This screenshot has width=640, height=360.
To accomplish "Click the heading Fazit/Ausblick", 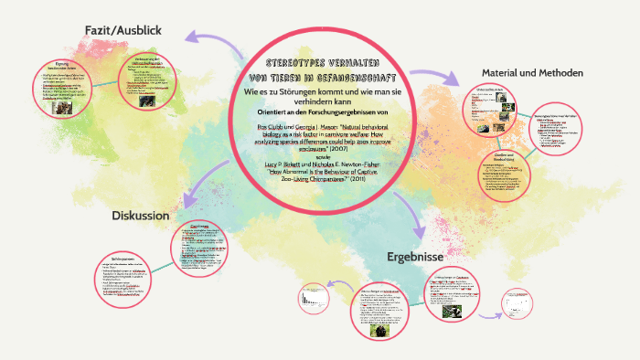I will point(123,30).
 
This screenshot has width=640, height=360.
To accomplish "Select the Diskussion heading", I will point(141,216).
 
